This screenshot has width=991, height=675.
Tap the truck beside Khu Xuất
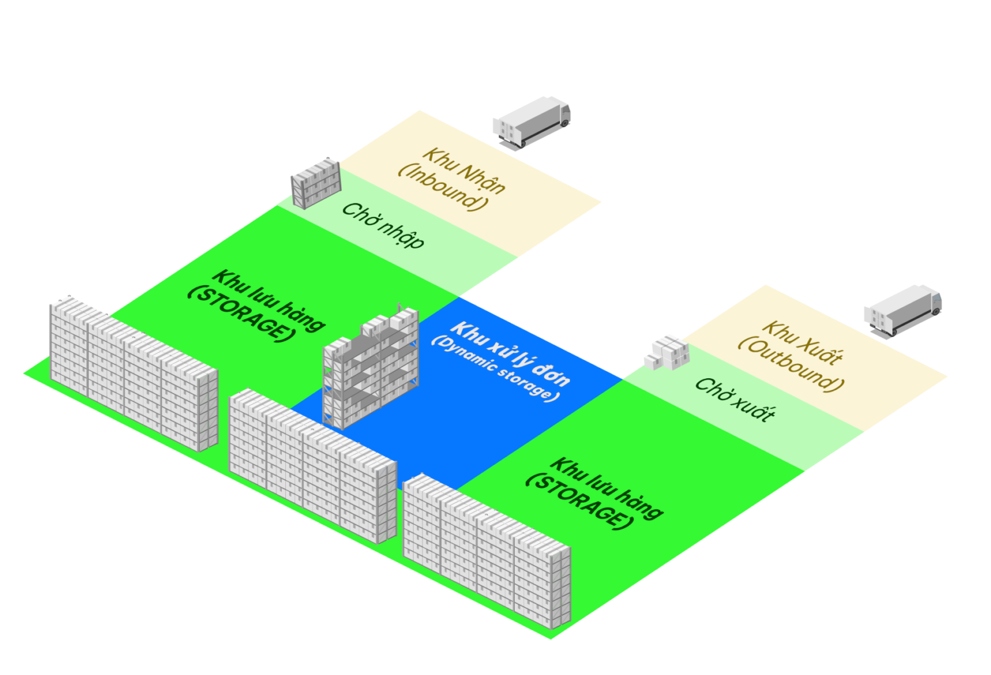point(903,309)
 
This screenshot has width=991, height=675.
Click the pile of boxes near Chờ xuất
point(666,352)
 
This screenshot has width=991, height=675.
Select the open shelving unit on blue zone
point(370,370)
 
